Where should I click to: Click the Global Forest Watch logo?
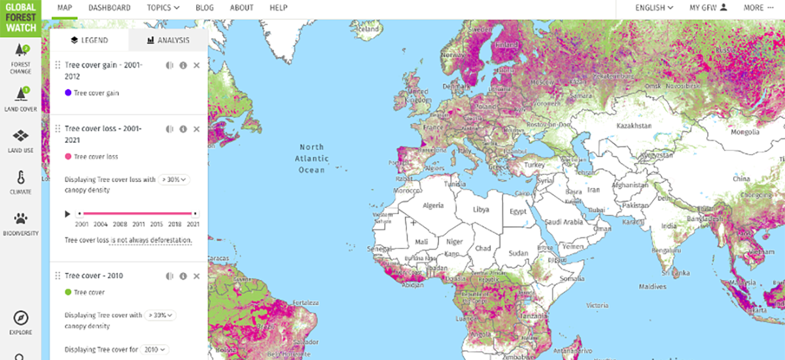pos(21,19)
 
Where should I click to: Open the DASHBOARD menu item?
pos(109,8)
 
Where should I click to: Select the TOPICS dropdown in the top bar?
pos(163,8)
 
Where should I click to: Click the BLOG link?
pos(205,8)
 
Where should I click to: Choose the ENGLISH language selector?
pos(654,8)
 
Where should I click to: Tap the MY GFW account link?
pos(708,8)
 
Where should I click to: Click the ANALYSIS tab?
pos(168,40)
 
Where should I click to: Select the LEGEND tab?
pos(90,40)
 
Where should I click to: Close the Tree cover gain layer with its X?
pos(197,65)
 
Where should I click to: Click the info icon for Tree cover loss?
pos(183,129)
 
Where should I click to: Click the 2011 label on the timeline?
pos(138,225)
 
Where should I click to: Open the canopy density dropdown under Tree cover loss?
pos(174,179)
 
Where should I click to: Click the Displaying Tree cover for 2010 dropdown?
pos(156,350)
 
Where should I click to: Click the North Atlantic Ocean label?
pos(311,158)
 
